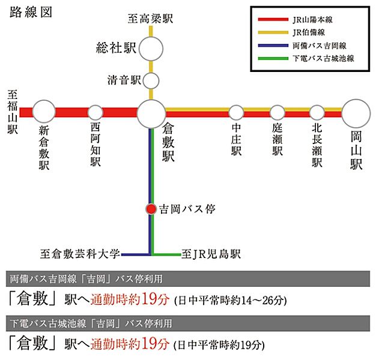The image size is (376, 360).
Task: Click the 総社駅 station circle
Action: click(x=151, y=49)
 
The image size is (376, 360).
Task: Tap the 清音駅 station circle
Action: click(x=151, y=81)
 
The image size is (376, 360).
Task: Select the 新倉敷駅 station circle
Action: click(x=44, y=112)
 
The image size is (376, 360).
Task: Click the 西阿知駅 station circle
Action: click(x=95, y=113)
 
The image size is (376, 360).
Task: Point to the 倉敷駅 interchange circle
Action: click(x=151, y=114)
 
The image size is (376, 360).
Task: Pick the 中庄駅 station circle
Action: click(x=236, y=113)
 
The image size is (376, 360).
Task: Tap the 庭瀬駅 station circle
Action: click(x=277, y=113)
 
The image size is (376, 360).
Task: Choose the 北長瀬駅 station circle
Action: click(x=317, y=113)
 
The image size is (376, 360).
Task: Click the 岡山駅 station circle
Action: click(x=356, y=113)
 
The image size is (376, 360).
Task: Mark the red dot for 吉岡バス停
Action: click(x=151, y=209)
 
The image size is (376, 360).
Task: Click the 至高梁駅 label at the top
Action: click(x=150, y=19)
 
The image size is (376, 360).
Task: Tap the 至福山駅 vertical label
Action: click(x=13, y=112)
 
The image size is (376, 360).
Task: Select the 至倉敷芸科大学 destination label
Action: click(x=80, y=254)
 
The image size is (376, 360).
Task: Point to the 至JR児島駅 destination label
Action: click(x=211, y=254)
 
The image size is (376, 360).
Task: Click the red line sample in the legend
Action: click(x=273, y=19)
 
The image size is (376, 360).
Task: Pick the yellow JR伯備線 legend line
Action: click(x=273, y=32)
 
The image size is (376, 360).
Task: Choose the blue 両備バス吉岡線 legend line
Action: click(x=273, y=46)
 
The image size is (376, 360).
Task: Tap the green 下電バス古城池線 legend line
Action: click(x=273, y=58)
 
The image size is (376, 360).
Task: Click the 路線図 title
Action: click(x=31, y=13)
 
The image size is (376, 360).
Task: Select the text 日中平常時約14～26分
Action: click(x=231, y=301)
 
